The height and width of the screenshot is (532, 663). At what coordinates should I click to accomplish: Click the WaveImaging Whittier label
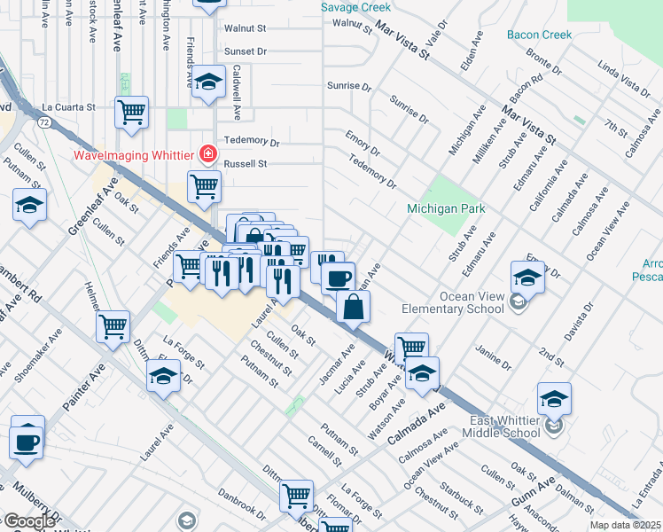pyautogui.click(x=133, y=155)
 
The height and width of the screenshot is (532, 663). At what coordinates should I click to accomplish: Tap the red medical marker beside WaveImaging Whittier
pyautogui.click(x=208, y=154)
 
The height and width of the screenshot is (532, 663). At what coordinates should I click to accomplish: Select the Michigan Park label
pyautogui.click(x=448, y=208)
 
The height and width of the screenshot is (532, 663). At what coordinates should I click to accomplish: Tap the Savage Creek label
pyautogui.click(x=355, y=7)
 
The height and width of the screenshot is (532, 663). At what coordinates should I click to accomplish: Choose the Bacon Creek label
pyautogui.click(x=540, y=35)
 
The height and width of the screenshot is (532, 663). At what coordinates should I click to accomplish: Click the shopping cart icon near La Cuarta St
pyautogui.click(x=131, y=113)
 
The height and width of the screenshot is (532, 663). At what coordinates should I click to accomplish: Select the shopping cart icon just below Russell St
pyautogui.click(x=204, y=186)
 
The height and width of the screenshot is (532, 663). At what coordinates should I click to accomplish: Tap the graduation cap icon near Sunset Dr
pyautogui.click(x=208, y=84)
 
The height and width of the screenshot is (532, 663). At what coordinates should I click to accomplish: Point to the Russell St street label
pyautogui.click(x=245, y=164)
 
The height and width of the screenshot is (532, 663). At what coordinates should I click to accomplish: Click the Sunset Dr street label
pyautogui.click(x=245, y=51)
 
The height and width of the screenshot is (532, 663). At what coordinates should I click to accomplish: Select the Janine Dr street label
pyautogui.click(x=495, y=356)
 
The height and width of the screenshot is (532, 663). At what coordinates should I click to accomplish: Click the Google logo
pyautogui.click(x=29, y=521)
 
